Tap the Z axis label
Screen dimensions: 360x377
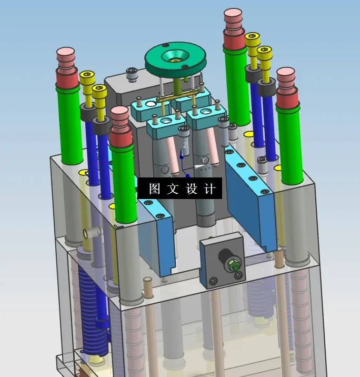click(185, 145)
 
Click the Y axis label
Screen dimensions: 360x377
click(204, 160)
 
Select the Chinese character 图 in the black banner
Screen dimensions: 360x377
click(154, 188)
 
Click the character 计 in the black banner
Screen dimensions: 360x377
click(209, 188)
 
